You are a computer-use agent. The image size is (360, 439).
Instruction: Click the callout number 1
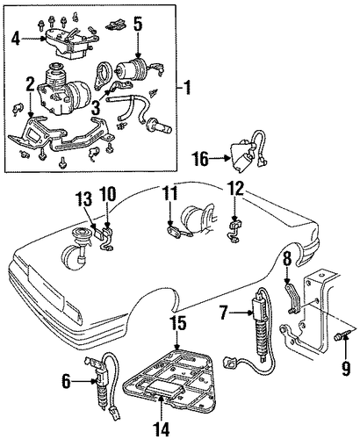[x=187, y=88]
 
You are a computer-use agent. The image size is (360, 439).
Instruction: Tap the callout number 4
[x=16, y=39]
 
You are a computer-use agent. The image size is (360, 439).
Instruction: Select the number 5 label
[x=138, y=25]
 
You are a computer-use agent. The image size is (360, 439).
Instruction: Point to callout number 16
[x=200, y=159]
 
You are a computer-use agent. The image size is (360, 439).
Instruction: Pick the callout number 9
[x=346, y=369]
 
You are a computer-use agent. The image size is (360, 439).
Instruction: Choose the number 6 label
[x=66, y=382]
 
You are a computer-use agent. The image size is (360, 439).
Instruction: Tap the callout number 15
[x=177, y=323]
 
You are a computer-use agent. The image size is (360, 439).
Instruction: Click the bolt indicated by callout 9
[x=341, y=336]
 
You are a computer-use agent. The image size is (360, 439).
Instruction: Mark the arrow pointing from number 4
[x=33, y=39]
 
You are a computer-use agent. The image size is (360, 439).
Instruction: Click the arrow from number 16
[x=220, y=159]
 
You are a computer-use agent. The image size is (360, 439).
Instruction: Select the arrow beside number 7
[x=241, y=313]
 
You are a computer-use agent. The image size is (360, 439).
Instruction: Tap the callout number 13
[x=84, y=200]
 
